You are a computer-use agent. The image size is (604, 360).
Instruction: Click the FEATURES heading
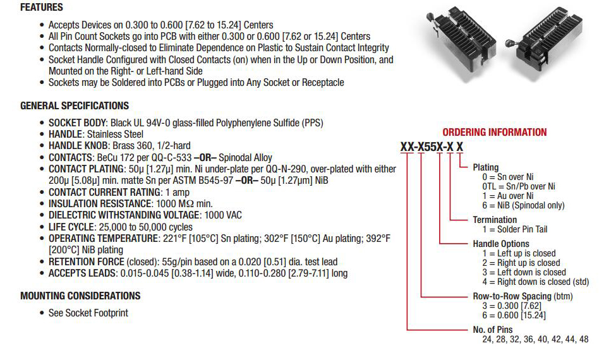tap(42, 8)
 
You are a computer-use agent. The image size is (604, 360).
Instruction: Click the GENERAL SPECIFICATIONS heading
tap(75, 106)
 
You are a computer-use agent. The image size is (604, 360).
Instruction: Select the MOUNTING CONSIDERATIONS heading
tap(80, 296)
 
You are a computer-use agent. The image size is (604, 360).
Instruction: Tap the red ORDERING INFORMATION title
tap(494, 133)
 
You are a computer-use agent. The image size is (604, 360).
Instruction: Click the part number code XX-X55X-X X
tap(432, 147)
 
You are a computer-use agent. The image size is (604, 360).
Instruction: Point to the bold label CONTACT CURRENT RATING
tap(104, 192)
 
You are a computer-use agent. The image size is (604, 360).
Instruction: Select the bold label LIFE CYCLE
tap(71, 227)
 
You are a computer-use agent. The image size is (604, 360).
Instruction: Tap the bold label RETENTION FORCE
tap(87, 262)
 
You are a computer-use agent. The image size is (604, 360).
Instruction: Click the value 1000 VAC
tap(223, 215)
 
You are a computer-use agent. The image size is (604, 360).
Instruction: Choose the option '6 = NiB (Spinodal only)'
tap(523, 205)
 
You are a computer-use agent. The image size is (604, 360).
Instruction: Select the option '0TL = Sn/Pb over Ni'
tap(519, 186)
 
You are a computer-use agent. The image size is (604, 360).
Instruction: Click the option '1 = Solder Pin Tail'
tap(515, 229)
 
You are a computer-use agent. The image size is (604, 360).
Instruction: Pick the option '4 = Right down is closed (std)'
tap(535, 282)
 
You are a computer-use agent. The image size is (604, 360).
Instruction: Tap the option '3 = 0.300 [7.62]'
tap(512, 306)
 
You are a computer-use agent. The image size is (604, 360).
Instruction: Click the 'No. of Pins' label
tap(493, 330)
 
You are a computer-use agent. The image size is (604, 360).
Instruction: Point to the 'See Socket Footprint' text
tap(88, 313)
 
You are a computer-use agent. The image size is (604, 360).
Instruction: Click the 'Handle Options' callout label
tap(501, 244)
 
